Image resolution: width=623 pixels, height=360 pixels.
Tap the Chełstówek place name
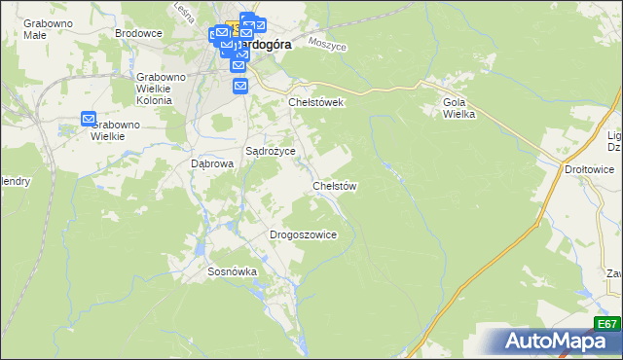(316, 102)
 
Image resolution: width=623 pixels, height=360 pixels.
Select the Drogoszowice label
(303, 234)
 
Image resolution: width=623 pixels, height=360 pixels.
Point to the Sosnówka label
(232, 271)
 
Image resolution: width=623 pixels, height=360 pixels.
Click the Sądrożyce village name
(270, 152)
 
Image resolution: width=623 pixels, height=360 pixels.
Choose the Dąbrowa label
(211, 164)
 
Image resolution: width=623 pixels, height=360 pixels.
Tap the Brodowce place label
(138, 32)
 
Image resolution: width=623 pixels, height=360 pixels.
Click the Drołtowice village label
(589, 168)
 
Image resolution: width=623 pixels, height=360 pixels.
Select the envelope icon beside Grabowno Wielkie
(89, 120)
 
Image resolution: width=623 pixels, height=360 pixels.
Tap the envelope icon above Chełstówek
(240, 87)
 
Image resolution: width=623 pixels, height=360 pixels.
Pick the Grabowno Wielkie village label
(117, 131)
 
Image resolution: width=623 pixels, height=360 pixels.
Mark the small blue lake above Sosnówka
(200, 247)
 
